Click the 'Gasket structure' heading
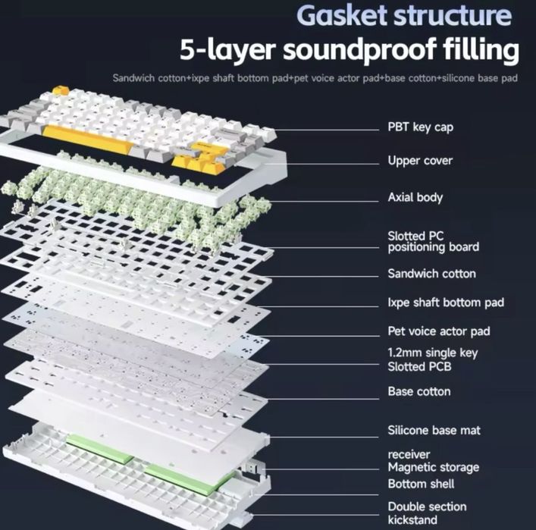pyautogui.click(x=404, y=15)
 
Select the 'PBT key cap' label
pyautogui.click(x=421, y=127)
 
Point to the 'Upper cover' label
pyautogui.click(x=420, y=161)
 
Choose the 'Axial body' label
pyautogui.click(x=415, y=197)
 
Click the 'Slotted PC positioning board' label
pyautogui.click(x=433, y=242)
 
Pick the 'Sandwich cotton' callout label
pyautogui.click(x=431, y=274)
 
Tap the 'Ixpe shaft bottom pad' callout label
pyautogui.click(x=446, y=303)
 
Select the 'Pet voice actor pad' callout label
pyautogui.click(x=439, y=331)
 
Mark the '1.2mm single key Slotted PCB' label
pyautogui.click(x=433, y=359)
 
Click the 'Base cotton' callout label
pyautogui.click(x=419, y=391)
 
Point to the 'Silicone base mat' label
pyautogui.click(x=434, y=430)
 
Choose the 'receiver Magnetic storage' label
pyautogui.click(x=433, y=461)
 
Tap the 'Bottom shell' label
pyautogui.click(x=421, y=484)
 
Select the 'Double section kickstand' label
pyautogui.click(x=427, y=513)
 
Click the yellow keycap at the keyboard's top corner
pyautogui.click(x=61, y=90)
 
